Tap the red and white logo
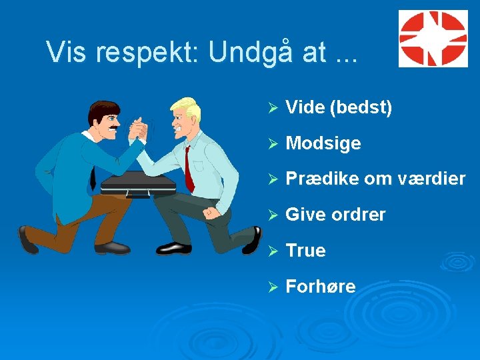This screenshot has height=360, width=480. pos(433,39)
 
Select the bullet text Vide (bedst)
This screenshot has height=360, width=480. pos(338,107)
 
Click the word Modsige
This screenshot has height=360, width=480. pos(323,143)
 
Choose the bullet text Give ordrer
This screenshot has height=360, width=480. pos(335,215)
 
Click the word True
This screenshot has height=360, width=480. pos(305,251)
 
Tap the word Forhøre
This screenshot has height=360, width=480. pos(320,287)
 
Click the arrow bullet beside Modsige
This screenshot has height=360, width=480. pos(271,143)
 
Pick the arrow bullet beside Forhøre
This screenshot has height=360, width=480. pos(271,287)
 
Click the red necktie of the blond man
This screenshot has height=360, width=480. pos(189,171)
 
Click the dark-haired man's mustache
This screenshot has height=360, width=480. pos(114,126)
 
